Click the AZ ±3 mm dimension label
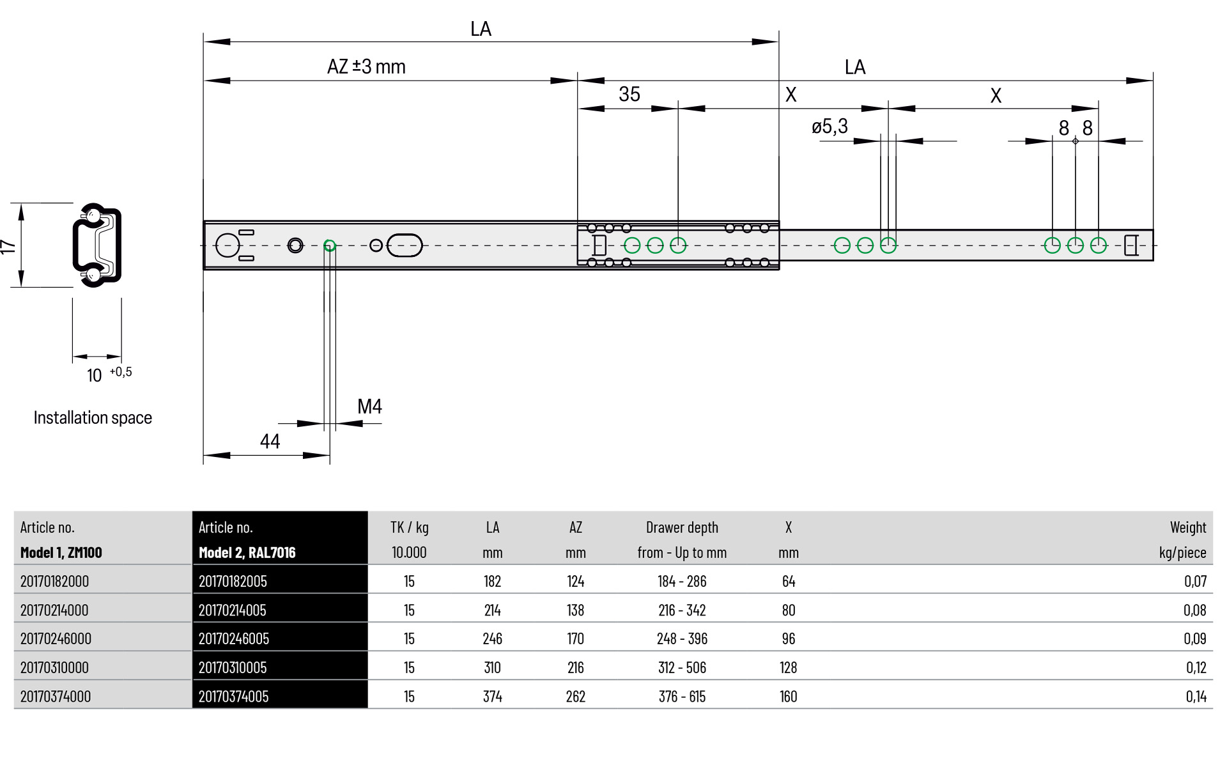coord(366,66)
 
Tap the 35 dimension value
coord(629,95)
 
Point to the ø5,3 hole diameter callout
coord(830,127)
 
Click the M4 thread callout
coord(369,407)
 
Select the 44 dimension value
coord(270,442)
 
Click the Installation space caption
coord(93,418)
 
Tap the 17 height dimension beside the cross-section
coord(8,246)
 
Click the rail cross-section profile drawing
coord(97,245)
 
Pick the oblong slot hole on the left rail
coord(405,245)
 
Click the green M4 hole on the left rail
coord(330,245)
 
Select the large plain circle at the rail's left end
coord(227,245)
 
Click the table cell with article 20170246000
coord(56,639)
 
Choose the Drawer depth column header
coord(682,528)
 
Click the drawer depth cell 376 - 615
coord(682,696)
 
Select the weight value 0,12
coord(1196,667)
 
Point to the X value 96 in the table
coord(788,639)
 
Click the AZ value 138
coord(575,610)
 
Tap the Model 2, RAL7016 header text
coord(247,553)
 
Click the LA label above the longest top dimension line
coord(481,29)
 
